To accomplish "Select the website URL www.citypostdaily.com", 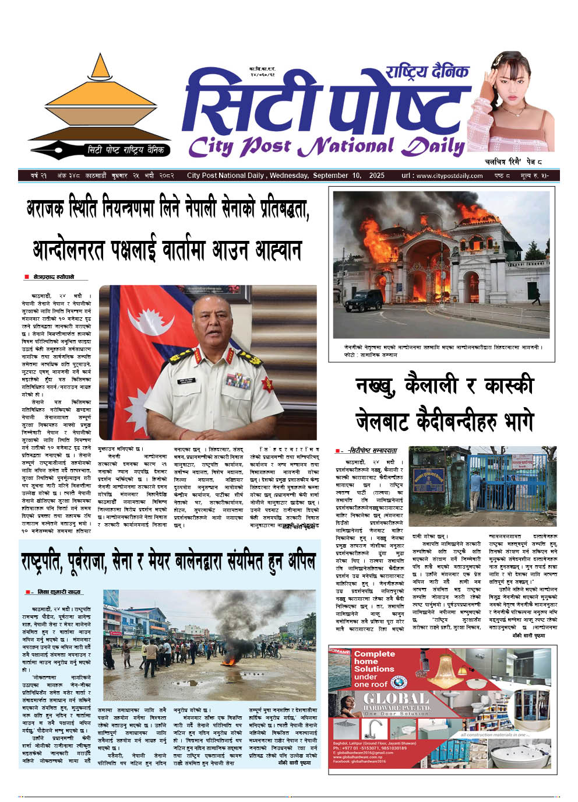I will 449,176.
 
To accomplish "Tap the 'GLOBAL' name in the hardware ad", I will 396,699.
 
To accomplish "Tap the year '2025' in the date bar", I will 377,176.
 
